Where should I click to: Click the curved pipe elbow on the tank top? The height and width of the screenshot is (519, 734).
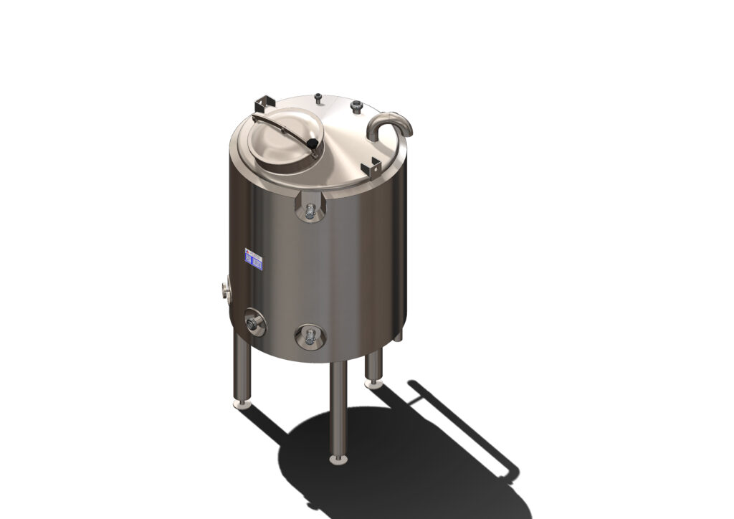click(390, 122)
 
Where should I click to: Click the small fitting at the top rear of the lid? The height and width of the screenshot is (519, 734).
click(317, 95)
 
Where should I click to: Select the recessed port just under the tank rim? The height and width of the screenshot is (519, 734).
click(310, 208)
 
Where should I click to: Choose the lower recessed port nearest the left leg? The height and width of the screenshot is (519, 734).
click(254, 322)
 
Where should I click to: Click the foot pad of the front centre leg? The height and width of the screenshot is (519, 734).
click(339, 457)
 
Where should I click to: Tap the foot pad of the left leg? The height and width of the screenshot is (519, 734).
click(244, 404)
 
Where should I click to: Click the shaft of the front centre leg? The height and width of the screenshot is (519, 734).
click(338, 409)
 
